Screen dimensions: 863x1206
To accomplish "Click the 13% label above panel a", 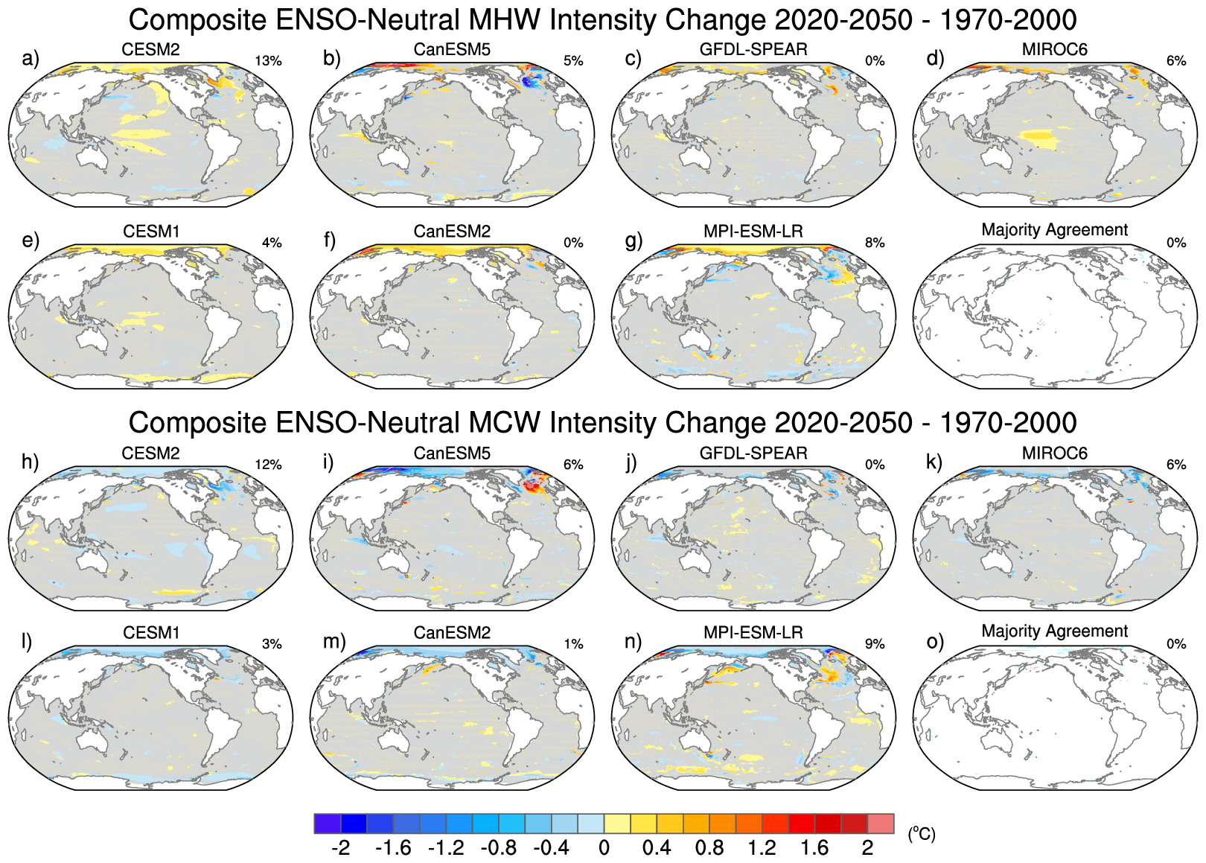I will [x=268, y=61].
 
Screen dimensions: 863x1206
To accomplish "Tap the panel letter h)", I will [x=30, y=462].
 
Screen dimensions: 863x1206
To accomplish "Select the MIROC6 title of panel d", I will [x=1054, y=50].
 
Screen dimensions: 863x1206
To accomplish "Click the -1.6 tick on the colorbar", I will [x=394, y=848].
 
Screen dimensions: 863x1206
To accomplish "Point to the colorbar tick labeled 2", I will [x=867, y=848].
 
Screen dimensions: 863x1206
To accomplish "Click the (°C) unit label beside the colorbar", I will [x=921, y=834].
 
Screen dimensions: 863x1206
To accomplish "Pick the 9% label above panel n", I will [x=875, y=644].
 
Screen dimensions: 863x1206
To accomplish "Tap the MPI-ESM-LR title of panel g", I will [x=753, y=232].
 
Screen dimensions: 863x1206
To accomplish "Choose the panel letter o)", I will [x=935, y=642].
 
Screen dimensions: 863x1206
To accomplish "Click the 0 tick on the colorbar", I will [x=604, y=848].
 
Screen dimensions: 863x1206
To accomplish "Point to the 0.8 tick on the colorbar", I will [x=709, y=848].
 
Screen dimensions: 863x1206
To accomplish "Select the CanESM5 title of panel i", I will [x=452, y=453].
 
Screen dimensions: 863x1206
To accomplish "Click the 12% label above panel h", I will [x=268, y=465].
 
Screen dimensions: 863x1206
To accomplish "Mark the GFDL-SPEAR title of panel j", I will [x=753, y=453].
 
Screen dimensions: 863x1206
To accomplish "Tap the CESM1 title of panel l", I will [x=151, y=633].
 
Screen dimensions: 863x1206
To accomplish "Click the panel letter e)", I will [x=30, y=240].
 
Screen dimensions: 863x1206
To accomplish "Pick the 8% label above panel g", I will [x=875, y=243].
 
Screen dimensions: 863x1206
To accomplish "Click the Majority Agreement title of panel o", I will [x=1054, y=631].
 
